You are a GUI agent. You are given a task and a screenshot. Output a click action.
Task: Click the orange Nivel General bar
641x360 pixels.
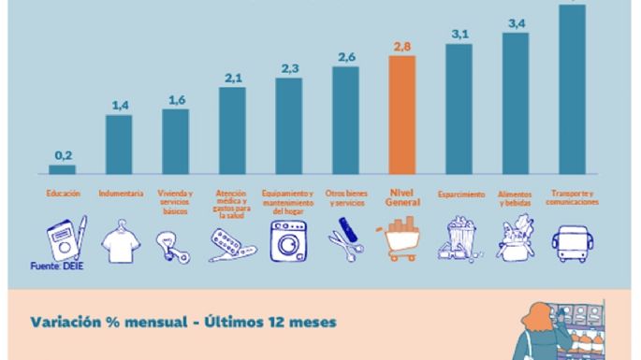[401, 115]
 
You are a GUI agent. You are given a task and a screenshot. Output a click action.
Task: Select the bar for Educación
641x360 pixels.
[62, 170]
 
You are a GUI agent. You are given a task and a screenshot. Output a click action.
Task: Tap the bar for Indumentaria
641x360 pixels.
[119, 145]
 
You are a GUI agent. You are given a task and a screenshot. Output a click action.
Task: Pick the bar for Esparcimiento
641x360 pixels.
[459, 108]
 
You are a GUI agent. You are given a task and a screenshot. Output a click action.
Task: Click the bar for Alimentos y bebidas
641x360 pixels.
[516, 103]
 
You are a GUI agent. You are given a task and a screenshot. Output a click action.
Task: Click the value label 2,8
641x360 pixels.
[401, 46]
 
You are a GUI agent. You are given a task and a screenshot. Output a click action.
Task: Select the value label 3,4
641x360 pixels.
[516, 22]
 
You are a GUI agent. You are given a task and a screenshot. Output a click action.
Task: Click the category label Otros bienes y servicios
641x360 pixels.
[345, 197]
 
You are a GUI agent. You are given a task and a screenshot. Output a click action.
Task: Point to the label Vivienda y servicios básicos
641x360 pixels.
[176, 202]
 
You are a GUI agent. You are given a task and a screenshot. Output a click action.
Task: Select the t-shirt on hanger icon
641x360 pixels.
[120, 241]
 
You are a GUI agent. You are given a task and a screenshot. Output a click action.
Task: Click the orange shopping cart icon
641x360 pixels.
[401, 239]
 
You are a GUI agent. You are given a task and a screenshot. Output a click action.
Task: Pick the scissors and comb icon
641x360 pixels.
[344, 241]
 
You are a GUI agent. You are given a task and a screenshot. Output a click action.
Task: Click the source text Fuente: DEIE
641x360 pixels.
[58, 267]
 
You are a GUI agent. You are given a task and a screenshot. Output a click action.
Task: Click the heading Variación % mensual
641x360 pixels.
[177, 323]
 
